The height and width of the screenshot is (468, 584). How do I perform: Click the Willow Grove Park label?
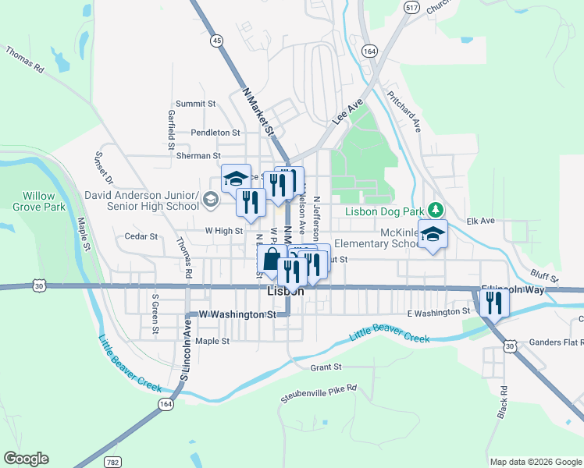[38, 201]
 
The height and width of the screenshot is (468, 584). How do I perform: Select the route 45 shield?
[216, 40]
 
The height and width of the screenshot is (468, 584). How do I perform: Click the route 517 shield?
[411, 7]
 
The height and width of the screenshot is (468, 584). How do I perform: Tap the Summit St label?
[195, 103]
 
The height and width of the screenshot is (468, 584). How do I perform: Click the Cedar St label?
[141, 236]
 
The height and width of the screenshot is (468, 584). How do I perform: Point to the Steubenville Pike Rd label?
[318, 393]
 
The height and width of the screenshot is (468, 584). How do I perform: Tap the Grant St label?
[326, 366]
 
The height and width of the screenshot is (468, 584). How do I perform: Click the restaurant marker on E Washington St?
[493, 302]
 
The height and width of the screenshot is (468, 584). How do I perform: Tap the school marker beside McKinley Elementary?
[433, 234]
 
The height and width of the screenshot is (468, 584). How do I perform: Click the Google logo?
[26, 459]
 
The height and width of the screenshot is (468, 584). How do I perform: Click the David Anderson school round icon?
[209, 201]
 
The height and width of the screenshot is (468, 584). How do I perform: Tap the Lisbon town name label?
[285, 291]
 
